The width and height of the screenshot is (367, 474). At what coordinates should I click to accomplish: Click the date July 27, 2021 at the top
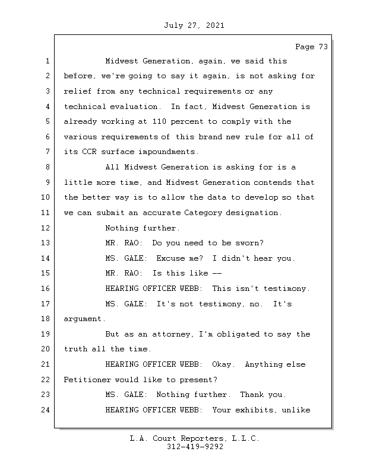click(194, 25)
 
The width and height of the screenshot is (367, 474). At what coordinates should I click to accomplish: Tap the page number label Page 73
click(312, 47)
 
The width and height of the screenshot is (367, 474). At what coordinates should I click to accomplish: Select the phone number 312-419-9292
click(195, 447)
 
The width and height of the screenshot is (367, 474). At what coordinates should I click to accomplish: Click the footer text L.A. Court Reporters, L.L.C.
click(195, 438)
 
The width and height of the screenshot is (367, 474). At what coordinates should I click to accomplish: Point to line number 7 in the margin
click(48, 152)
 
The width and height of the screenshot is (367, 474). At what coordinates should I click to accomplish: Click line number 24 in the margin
click(46, 410)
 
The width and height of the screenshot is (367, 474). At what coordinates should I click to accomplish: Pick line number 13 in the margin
click(46, 243)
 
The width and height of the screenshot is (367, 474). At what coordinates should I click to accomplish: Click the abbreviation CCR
click(89, 152)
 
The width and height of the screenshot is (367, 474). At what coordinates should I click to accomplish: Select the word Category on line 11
click(203, 213)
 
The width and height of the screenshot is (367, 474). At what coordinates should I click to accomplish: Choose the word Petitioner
click(87, 380)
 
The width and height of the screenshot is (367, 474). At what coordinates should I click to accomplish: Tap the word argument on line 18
click(84, 319)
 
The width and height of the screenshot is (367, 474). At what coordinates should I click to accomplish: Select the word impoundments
click(168, 152)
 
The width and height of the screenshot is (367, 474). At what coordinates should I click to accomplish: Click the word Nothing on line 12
click(122, 228)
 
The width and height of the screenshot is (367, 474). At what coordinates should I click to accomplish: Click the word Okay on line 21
click(224, 364)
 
